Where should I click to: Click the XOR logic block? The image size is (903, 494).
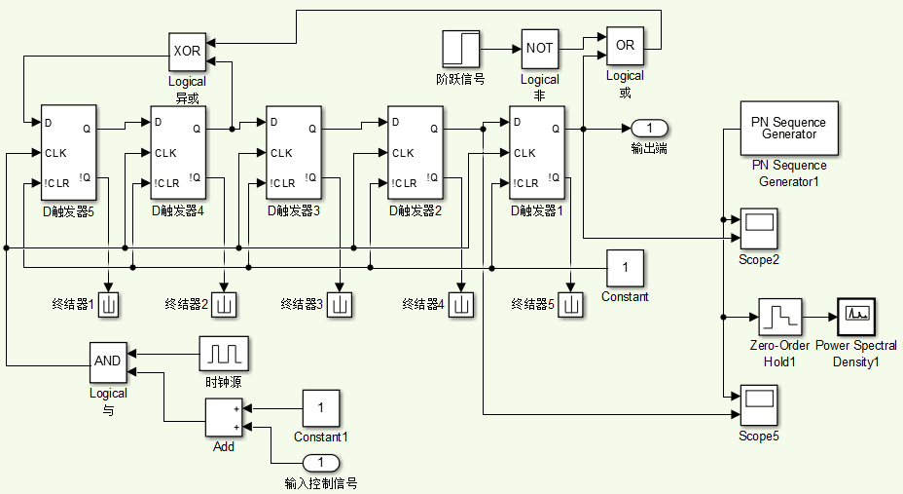[x=187, y=51]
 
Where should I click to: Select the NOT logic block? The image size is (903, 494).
[x=540, y=48]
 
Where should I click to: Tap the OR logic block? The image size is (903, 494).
[x=625, y=45]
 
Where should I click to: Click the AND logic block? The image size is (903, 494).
[x=108, y=361]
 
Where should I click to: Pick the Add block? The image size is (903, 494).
[x=224, y=418]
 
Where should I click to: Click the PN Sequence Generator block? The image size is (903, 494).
[x=788, y=129]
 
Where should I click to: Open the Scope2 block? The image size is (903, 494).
[x=759, y=227]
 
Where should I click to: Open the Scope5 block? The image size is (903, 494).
[x=759, y=403]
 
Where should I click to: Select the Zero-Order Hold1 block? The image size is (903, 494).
[x=779, y=318]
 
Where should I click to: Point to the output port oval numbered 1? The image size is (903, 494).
[x=649, y=128]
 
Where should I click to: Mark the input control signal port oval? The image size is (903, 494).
[x=322, y=462]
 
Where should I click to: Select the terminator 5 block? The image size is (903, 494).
[x=571, y=305]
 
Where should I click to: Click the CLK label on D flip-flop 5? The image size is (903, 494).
[x=55, y=153]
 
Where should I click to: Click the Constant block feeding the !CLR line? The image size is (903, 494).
[x=626, y=268]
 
